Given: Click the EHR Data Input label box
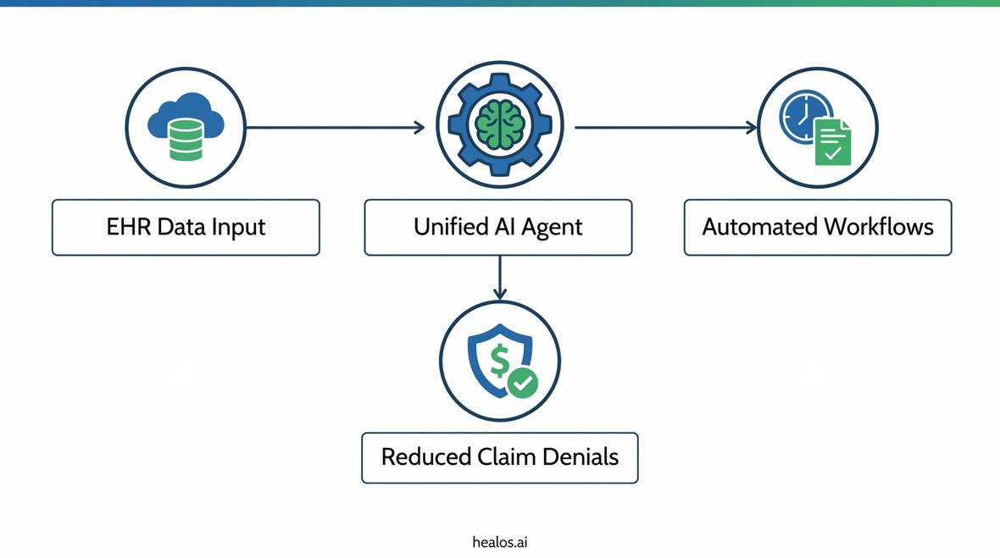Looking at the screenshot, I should point(186,227).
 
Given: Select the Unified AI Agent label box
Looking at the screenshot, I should point(497,227).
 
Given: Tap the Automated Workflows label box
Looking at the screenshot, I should point(817,227).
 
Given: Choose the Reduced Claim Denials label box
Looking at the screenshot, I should point(499,457).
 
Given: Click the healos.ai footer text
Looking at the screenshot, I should point(499,542).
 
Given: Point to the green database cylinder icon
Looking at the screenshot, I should point(186,140).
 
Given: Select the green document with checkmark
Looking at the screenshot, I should point(833,141).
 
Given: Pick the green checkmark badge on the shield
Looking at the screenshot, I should point(523,384).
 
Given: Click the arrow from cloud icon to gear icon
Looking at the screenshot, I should point(335,127).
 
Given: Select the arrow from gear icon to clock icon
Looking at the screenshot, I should point(666,127).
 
